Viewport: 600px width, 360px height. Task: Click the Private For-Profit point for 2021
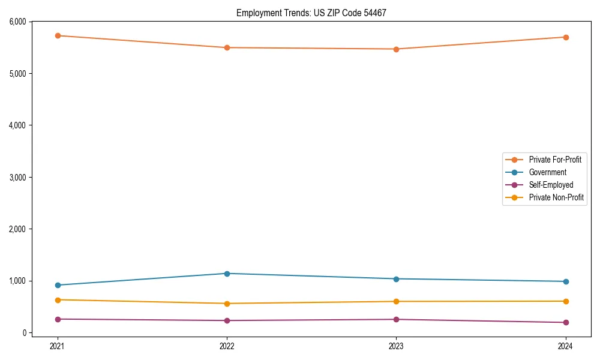58,35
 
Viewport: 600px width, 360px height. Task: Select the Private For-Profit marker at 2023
396,49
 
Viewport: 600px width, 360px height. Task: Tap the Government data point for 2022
227,274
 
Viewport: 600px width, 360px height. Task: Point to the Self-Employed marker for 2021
58,319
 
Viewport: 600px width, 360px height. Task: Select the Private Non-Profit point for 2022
227,304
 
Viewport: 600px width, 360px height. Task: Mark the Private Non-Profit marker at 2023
396,301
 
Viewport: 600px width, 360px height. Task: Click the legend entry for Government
547,172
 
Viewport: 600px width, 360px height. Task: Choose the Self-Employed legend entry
551,185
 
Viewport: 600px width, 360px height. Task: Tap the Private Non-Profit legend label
556,197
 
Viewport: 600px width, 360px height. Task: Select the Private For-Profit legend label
555,160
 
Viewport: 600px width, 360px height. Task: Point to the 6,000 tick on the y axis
18,22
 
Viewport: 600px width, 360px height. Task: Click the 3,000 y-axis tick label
18,177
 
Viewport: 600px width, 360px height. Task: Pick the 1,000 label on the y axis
18,281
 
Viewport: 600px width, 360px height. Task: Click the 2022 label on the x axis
227,346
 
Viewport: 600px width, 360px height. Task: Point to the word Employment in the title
256,13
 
